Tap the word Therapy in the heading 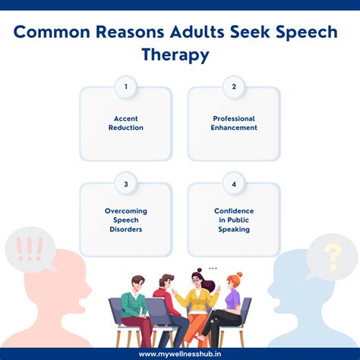(179, 56)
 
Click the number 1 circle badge (125, 87)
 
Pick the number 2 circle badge (234, 87)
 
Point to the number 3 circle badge (125, 182)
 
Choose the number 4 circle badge (234, 182)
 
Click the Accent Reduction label (125, 123)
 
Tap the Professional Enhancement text (234, 123)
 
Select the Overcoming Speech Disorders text (125, 220)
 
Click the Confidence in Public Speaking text (234, 220)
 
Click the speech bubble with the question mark (331, 255)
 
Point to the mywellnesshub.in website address (179, 353)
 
